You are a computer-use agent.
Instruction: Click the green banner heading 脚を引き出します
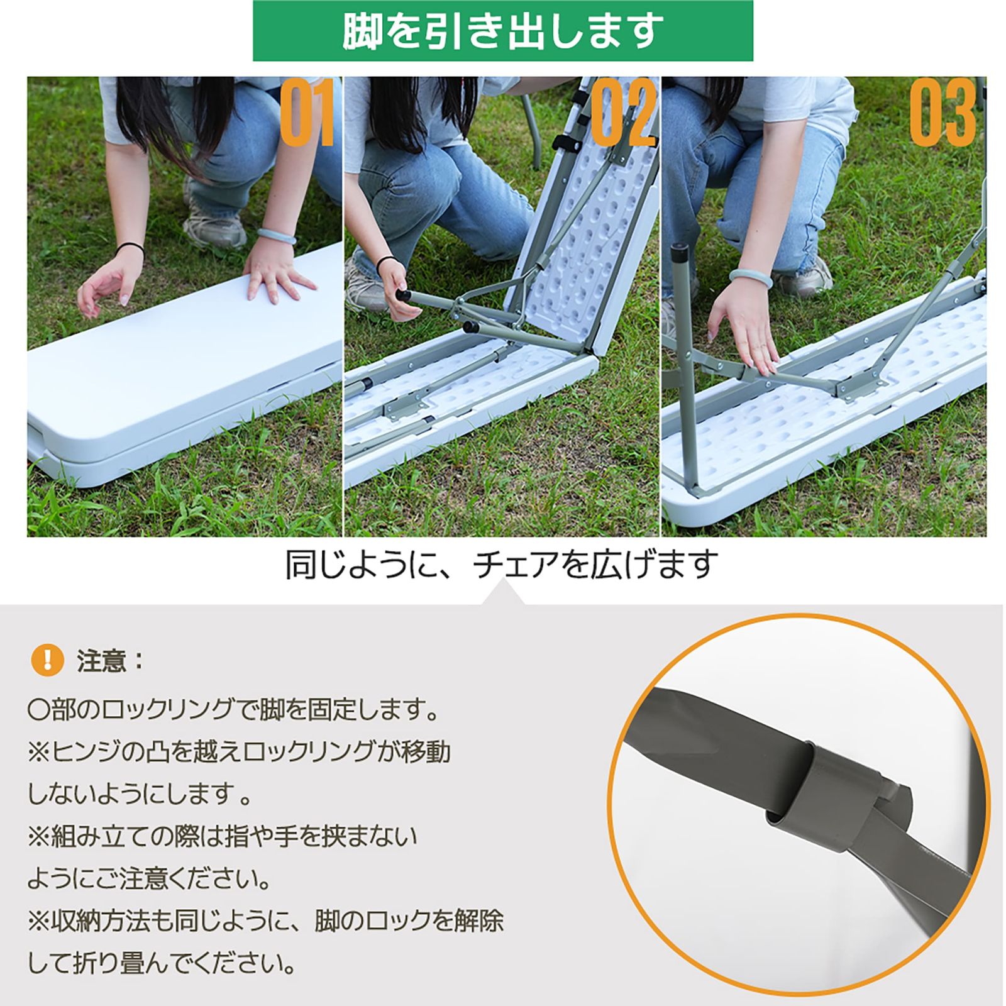pos(502,30)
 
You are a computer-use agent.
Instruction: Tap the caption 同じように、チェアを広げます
pos(501,564)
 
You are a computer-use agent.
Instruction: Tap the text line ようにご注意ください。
pos(150,879)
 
